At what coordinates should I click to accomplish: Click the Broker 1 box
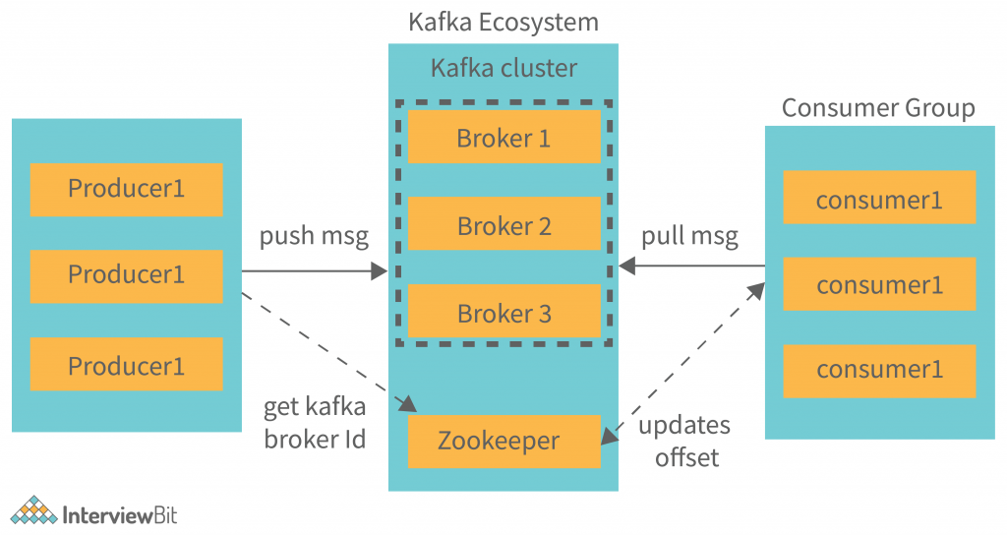coord(503,137)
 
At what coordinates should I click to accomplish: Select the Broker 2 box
coord(503,224)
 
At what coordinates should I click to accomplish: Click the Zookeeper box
coord(503,441)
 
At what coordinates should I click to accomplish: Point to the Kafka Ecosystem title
coord(503,22)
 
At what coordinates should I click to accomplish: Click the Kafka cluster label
coord(503,68)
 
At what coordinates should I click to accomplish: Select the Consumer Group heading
coord(877,107)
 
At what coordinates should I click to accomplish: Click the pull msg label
coord(689,237)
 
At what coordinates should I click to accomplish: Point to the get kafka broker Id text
coord(314,422)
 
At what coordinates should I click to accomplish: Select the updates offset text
coord(684,441)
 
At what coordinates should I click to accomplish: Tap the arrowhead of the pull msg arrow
coord(626,266)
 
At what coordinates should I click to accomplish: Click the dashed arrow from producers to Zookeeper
coord(325,348)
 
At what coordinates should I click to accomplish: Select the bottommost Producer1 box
coord(126,365)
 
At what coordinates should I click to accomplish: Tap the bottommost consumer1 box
coord(879,371)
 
